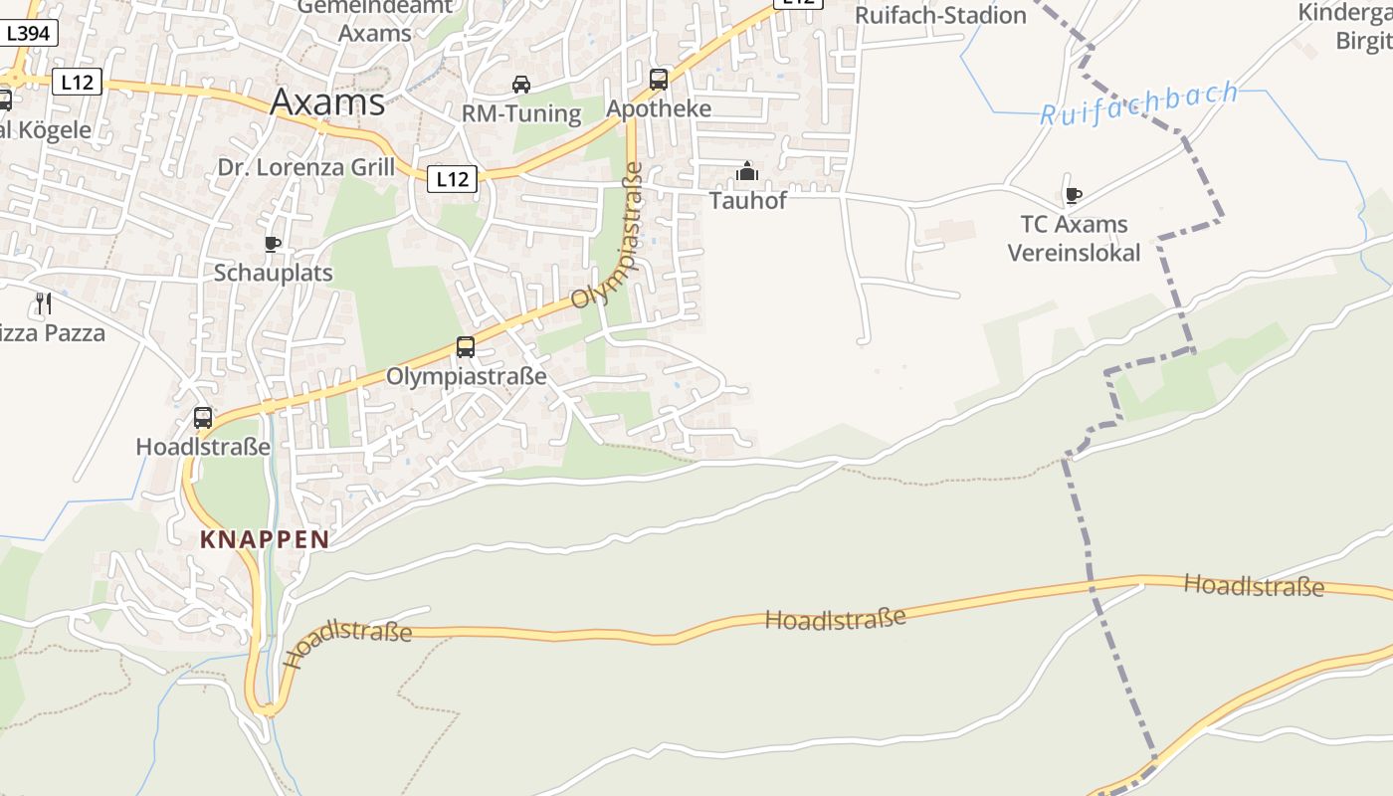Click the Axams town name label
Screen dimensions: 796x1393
click(x=327, y=101)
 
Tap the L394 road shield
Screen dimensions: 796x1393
click(x=28, y=34)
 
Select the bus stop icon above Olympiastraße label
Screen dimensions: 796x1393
click(x=466, y=347)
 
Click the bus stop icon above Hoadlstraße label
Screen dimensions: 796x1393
click(x=203, y=418)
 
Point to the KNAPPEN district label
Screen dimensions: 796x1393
click(x=265, y=540)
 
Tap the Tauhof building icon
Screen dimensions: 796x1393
click(x=747, y=172)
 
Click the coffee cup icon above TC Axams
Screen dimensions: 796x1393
click(x=1073, y=195)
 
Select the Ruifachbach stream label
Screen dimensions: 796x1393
click(x=1139, y=104)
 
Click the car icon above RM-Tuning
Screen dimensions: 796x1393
click(x=521, y=84)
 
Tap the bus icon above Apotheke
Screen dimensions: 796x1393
click(x=659, y=80)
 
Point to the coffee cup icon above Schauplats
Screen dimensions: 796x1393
click(x=273, y=244)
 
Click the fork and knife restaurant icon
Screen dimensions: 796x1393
click(x=43, y=302)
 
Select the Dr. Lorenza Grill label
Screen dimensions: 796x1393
click(x=306, y=167)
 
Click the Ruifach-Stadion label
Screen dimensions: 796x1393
click(x=940, y=16)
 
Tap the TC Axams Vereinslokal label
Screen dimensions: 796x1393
click(x=1074, y=239)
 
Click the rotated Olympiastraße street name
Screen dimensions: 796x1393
click(x=609, y=236)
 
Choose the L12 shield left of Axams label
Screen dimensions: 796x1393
click(x=77, y=83)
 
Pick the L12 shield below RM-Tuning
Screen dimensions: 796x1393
click(x=452, y=179)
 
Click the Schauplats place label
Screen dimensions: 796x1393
click(x=274, y=273)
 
